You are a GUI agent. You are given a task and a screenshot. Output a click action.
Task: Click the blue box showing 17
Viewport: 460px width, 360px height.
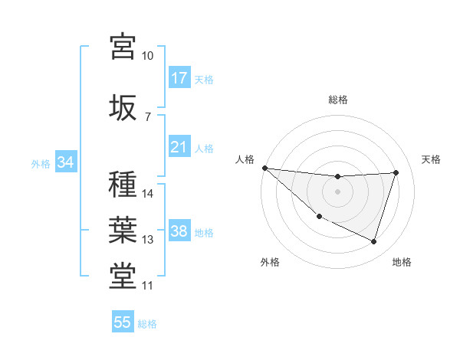click(179, 78)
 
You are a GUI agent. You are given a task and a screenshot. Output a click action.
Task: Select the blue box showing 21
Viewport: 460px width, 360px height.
click(179, 146)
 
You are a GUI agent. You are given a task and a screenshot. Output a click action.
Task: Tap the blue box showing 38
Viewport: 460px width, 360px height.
click(179, 232)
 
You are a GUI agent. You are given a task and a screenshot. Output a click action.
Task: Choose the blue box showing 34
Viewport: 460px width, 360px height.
click(65, 162)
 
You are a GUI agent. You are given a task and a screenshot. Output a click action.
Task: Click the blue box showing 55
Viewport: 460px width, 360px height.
click(123, 322)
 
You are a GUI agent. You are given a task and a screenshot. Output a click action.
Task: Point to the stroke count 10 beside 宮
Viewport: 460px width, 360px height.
click(147, 56)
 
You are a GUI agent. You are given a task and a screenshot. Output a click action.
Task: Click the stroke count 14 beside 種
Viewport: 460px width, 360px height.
click(147, 194)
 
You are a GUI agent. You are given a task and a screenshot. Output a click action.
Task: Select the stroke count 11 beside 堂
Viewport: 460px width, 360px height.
click(147, 286)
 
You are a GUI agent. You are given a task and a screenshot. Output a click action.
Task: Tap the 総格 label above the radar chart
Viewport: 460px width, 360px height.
click(338, 100)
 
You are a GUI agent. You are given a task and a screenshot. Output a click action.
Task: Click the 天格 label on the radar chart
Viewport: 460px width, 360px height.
click(432, 159)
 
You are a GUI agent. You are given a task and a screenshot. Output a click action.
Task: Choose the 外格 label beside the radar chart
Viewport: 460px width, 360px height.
click(270, 262)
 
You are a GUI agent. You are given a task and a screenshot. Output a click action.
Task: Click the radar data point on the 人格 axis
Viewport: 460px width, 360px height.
click(264, 168)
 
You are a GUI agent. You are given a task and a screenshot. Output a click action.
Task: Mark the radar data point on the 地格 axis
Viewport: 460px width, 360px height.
click(374, 242)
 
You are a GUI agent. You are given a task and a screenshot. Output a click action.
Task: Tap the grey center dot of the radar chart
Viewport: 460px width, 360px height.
click(338, 191)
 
